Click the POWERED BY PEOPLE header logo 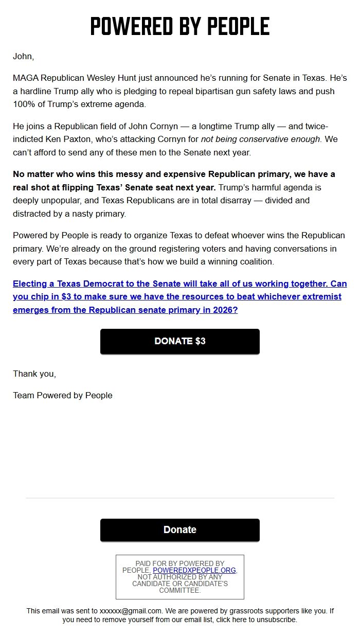(180, 26)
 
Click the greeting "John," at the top (23, 56)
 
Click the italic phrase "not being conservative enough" (260, 139)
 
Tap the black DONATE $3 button (180, 341)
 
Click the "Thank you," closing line (34, 374)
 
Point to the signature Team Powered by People (63, 395)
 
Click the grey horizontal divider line (180, 498)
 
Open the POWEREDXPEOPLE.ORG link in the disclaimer (194, 570)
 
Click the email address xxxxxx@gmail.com (131, 611)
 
